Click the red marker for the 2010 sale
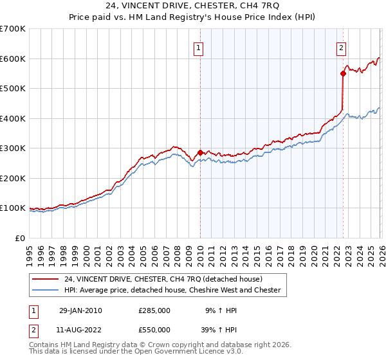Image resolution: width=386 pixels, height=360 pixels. point(200,153)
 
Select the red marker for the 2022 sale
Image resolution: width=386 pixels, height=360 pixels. point(343,74)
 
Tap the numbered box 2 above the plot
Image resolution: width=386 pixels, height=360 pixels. point(341,47)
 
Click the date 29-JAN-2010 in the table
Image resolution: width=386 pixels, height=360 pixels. point(80,310)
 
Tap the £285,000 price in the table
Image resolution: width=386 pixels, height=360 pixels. point(154,310)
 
